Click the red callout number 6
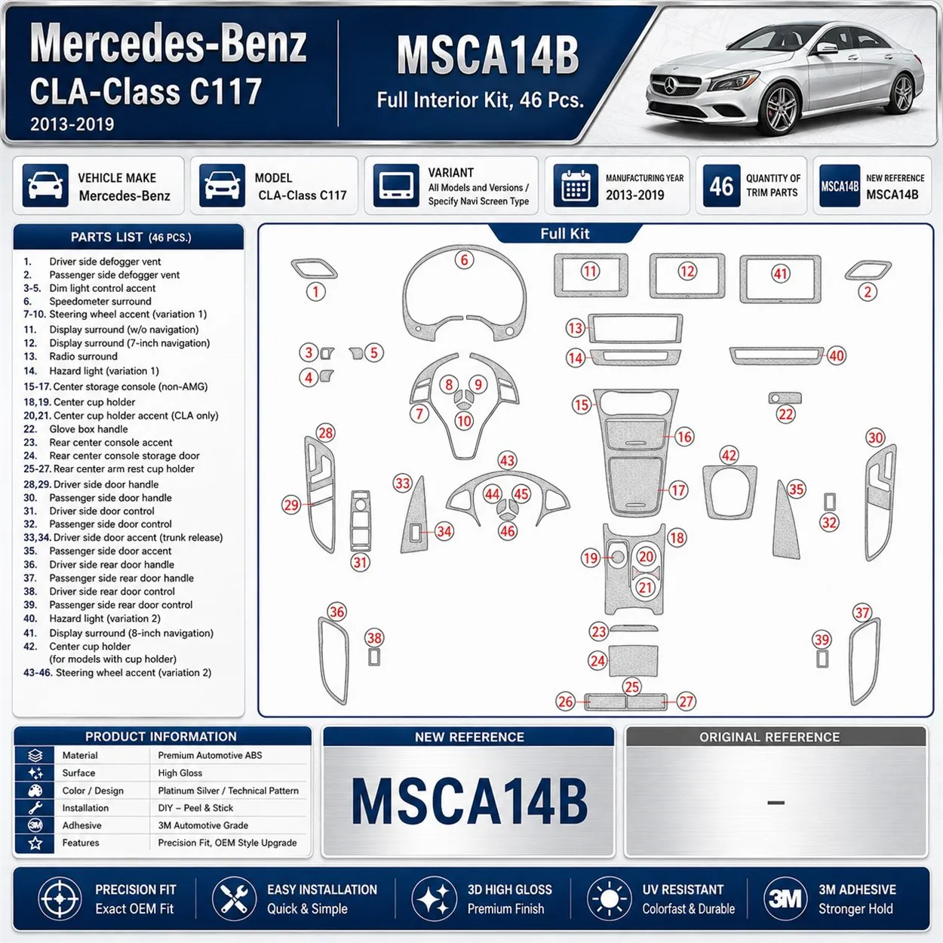(x=464, y=260)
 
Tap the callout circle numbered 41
(x=780, y=274)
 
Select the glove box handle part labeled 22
(x=785, y=398)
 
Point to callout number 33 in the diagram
(x=402, y=484)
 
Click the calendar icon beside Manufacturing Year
(x=576, y=186)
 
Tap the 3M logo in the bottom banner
(x=785, y=898)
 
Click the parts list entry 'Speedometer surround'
(x=100, y=301)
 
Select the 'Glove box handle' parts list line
(x=88, y=428)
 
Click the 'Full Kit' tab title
(x=565, y=233)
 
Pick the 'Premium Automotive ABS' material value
(x=210, y=755)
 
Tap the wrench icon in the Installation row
(x=35, y=807)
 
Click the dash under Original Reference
(x=776, y=802)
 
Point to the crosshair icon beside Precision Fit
(x=60, y=898)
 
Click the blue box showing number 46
(x=721, y=186)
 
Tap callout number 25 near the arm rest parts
(x=631, y=687)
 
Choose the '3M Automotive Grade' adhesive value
(x=203, y=825)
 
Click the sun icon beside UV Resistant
(x=609, y=898)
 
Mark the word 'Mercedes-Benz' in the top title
(x=167, y=45)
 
